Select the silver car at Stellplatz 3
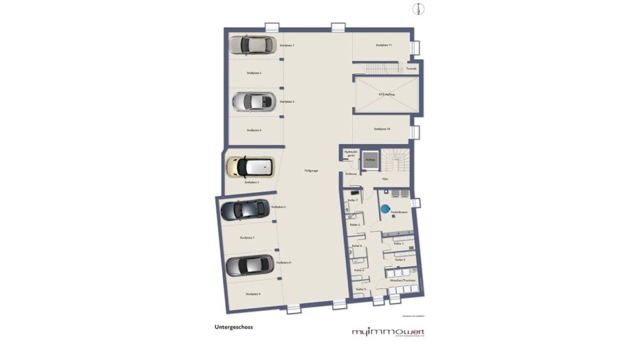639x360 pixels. (x=254, y=102)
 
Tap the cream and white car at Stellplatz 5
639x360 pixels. (x=249, y=167)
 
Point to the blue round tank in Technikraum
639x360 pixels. (x=384, y=209)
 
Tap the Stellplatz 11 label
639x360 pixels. (x=383, y=45)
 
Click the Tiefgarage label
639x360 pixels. (x=311, y=170)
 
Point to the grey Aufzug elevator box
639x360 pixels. (x=370, y=160)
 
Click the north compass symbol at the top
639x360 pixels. (x=418, y=8)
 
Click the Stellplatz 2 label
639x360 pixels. (x=254, y=73)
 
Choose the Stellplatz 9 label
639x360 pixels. (x=252, y=293)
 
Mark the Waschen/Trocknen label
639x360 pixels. (x=402, y=280)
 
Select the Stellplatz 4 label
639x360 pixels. (x=254, y=131)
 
